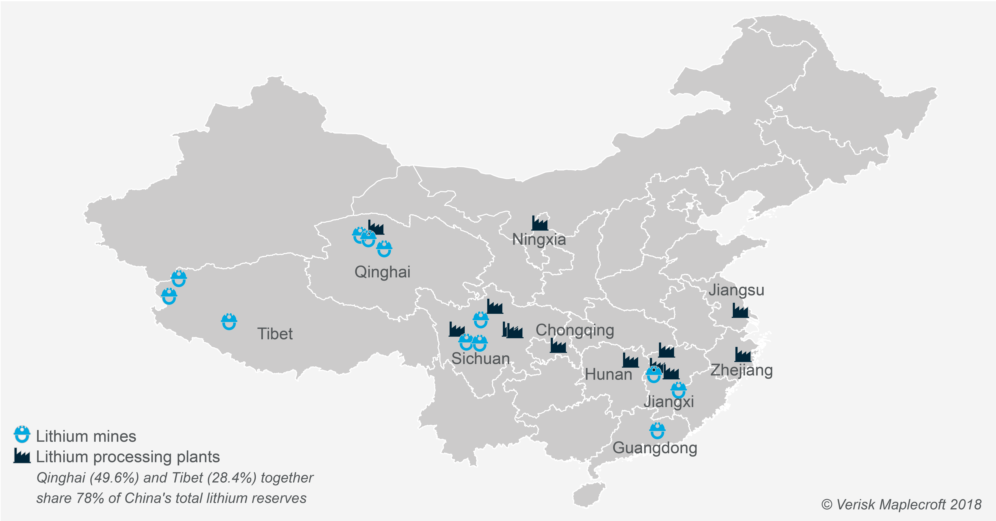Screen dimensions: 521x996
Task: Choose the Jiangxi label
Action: pos(668,402)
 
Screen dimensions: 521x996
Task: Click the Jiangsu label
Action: pos(736,290)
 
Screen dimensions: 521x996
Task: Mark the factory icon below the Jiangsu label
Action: pos(740,310)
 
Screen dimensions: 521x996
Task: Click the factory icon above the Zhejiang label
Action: pos(743,354)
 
